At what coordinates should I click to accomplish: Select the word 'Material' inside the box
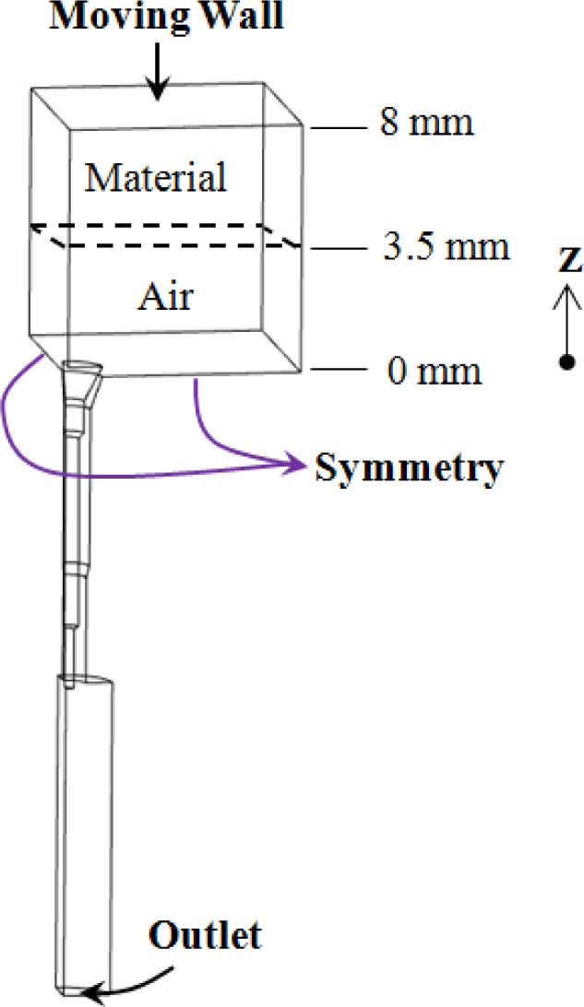coord(155,177)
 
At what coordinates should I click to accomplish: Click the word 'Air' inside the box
coord(167,297)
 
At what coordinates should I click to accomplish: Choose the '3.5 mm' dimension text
coord(446,248)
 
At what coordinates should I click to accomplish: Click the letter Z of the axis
coord(568,263)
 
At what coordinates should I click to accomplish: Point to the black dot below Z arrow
coord(566,361)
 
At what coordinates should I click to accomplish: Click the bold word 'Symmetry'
coord(410,468)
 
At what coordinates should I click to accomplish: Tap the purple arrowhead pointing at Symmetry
coord(298,465)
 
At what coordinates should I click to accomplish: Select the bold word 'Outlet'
coord(205,936)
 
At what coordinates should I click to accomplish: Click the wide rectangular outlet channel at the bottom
coord(88,830)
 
